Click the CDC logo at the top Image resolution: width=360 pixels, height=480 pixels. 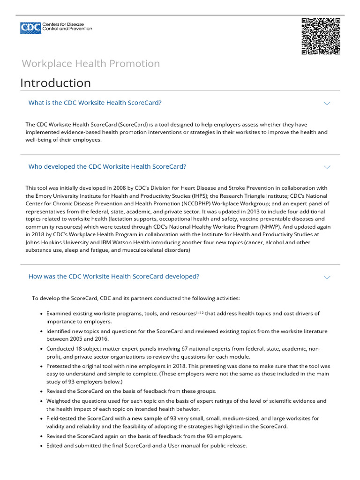tap(56, 28)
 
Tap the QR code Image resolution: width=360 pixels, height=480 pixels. tap(321, 37)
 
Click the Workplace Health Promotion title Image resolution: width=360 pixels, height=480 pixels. tap(90, 64)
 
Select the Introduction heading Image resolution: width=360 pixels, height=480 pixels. tap(55, 83)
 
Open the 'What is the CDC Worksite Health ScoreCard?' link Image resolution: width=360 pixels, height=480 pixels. tap(95, 103)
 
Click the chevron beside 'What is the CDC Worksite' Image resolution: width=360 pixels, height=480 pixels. tap(327, 103)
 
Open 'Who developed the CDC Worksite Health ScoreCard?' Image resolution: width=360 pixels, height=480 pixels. tap(107, 166)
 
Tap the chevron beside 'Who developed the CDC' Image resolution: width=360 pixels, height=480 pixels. tap(327, 167)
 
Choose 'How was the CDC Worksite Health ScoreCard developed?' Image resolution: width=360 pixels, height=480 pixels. tap(113, 277)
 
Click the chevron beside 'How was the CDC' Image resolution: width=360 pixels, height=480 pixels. tap(327, 277)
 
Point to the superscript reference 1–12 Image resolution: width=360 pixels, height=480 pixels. tap(199, 312)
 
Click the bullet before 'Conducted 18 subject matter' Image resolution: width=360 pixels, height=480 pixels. tap(42, 349)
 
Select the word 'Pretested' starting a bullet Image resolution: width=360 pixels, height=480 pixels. tap(59, 366)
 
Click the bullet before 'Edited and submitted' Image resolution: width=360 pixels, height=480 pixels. tap(42, 446)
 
